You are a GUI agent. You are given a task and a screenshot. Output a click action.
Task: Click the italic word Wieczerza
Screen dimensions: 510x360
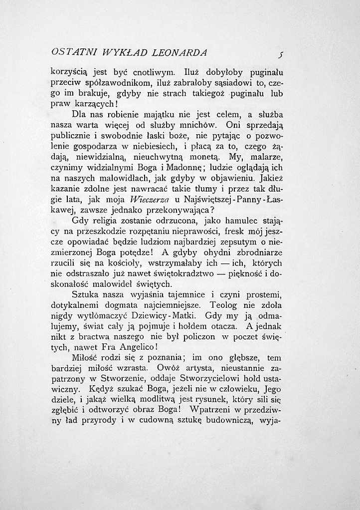click(150, 202)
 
